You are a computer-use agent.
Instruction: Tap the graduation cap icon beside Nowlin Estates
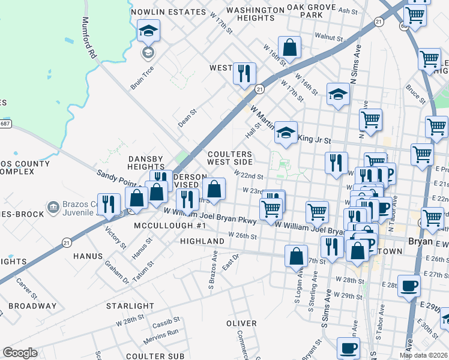coord(148,31)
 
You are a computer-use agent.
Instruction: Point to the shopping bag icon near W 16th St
coord(289,49)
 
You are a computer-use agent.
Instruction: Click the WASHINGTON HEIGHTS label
coord(255,14)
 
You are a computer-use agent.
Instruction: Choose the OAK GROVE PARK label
coord(311,10)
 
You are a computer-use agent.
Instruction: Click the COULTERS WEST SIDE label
coord(230,158)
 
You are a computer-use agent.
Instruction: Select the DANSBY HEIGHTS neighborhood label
coord(146,163)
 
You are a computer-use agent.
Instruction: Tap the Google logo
coord(20,353)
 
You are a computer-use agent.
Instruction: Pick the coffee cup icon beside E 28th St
coord(409,286)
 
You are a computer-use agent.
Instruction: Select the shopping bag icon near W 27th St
coord(296,256)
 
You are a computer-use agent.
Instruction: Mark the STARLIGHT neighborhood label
coord(130,306)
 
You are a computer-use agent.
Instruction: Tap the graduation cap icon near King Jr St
coord(286,133)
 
